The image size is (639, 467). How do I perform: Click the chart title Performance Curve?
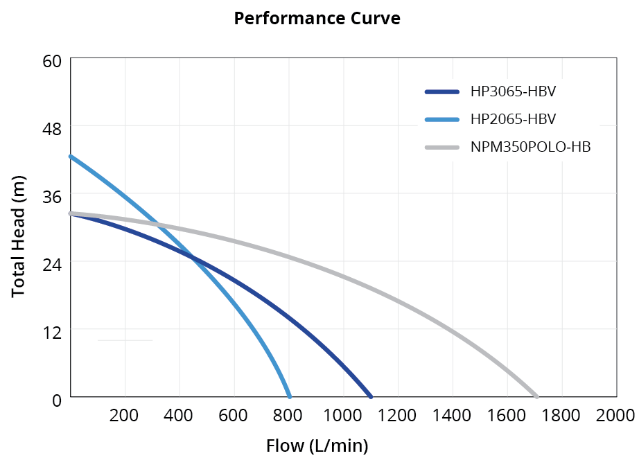(x=317, y=19)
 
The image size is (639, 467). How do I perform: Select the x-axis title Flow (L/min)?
(x=317, y=446)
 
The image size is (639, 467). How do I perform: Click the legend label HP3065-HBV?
(x=513, y=91)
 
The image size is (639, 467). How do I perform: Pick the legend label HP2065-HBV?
(x=513, y=119)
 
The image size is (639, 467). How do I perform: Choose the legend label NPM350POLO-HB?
(x=530, y=147)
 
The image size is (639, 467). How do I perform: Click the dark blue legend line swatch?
(x=441, y=91)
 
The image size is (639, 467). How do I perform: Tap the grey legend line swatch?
(x=441, y=147)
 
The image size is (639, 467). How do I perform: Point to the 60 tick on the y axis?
(x=53, y=61)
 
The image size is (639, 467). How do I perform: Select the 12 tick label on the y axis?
(x=53, y=332)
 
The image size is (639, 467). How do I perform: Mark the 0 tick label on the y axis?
(x=58, y=400)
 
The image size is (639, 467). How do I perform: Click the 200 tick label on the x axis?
(x=124, y=416)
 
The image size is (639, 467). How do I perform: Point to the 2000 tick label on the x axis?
(x=615, y=416)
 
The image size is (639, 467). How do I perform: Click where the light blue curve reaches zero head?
(x=289, y=396)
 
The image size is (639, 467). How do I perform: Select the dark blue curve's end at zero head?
(x=371, y=396)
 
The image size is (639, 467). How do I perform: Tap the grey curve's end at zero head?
(x=536, y=396)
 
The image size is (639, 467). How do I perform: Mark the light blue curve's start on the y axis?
(x=71, y=157)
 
